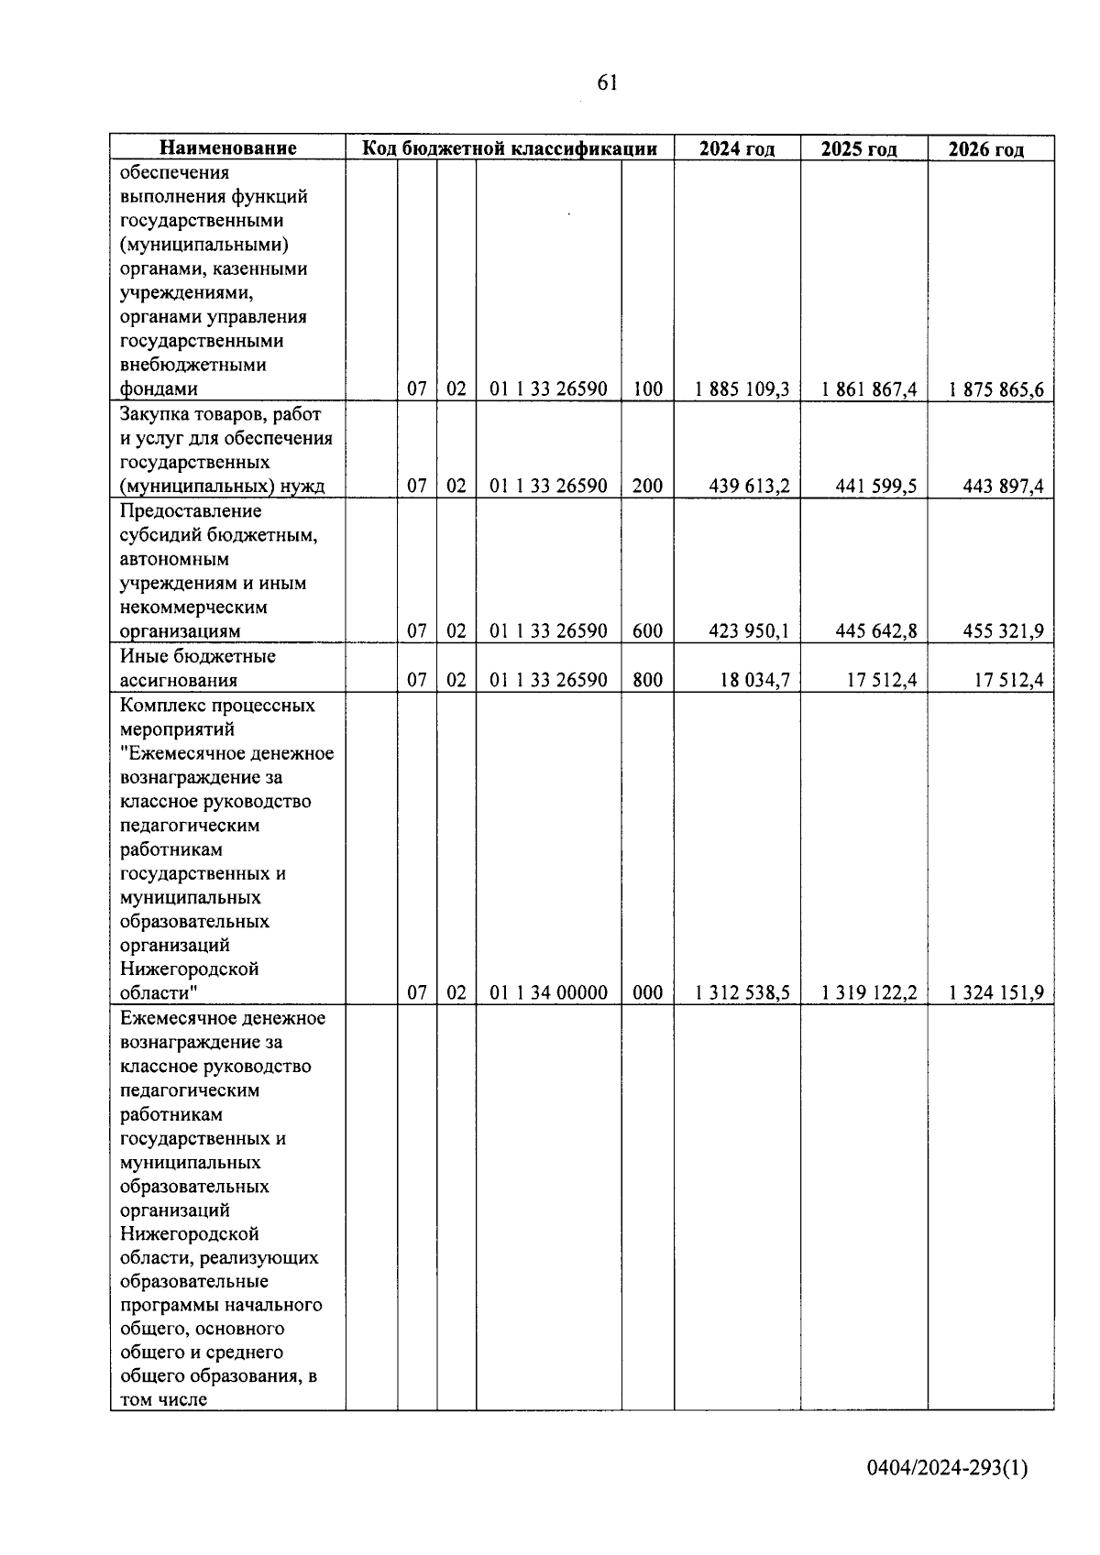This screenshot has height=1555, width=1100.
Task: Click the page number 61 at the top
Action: click(607, 83)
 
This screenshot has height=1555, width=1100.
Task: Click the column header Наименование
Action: click(228, 148)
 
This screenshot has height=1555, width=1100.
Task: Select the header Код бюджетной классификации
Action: click(510, 148)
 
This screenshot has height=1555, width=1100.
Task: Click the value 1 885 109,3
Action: click(742, 389)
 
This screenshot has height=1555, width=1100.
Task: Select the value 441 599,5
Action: click(876, 487)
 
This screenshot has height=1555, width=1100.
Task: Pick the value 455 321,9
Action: click(1003, 631)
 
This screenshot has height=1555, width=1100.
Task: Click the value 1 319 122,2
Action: click(870, 993)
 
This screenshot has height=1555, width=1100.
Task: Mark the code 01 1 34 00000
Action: click(548, 993)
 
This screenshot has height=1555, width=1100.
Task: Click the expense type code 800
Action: click(647, 680)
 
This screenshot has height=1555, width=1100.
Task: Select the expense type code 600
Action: click(647, 631)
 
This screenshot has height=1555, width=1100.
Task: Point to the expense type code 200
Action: click(647, 487)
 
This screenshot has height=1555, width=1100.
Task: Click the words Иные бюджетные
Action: click(198, 657)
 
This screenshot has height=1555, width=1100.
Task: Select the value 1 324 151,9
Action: click(996, 993)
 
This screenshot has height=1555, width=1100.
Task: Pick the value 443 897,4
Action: click(1003, 487)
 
